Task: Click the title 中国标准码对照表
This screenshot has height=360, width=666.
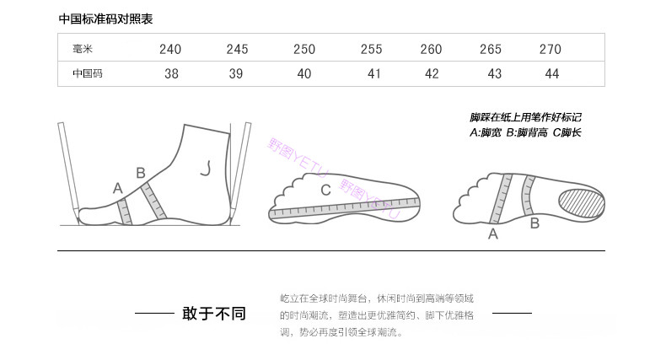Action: [106, 19]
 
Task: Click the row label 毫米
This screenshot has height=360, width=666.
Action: [83, 49]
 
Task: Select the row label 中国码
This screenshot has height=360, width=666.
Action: [87, 73]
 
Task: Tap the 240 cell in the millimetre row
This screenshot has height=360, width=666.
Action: [171, 49]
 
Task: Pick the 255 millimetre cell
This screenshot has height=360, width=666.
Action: [372, 49]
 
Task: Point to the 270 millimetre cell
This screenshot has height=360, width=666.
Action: [550, 49]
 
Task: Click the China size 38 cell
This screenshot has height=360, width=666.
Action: [171, 73]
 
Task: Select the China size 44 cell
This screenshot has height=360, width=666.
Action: [552, 73]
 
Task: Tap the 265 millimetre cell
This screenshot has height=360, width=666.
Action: [491, 49]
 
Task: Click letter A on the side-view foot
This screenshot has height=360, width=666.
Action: [117, 187]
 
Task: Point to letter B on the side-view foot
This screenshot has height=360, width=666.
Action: [141, 173]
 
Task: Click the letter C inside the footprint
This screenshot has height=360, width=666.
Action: [325, 191]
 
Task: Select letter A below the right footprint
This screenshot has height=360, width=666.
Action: [493, 234]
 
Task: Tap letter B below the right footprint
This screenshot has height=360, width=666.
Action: [534, 223]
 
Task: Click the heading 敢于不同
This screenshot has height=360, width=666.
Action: [213, 314]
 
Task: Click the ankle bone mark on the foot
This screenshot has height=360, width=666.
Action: [204, 169]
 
